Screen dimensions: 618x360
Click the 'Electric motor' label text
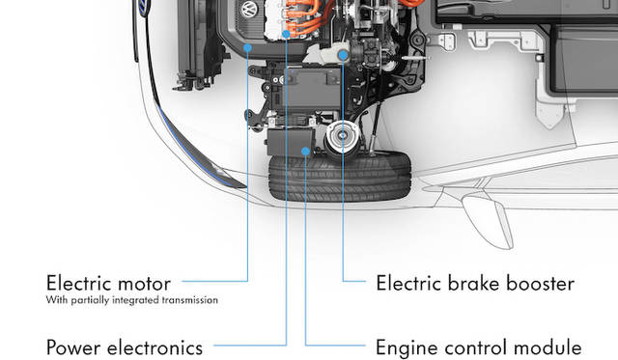108,284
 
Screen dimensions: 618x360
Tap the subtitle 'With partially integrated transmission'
132,300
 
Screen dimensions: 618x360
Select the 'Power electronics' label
125,347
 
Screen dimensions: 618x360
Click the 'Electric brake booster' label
475,284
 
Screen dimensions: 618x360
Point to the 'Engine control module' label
479,347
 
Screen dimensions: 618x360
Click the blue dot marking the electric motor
247,48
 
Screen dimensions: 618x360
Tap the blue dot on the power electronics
286,35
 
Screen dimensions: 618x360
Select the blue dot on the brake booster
344,56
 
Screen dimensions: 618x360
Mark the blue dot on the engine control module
305,151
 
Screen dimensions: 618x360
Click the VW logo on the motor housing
249,9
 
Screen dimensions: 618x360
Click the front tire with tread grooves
340,177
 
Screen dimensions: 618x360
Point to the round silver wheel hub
342,136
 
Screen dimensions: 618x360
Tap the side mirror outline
488,221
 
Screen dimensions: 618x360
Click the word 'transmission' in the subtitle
190,300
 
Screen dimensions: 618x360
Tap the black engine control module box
291,142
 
